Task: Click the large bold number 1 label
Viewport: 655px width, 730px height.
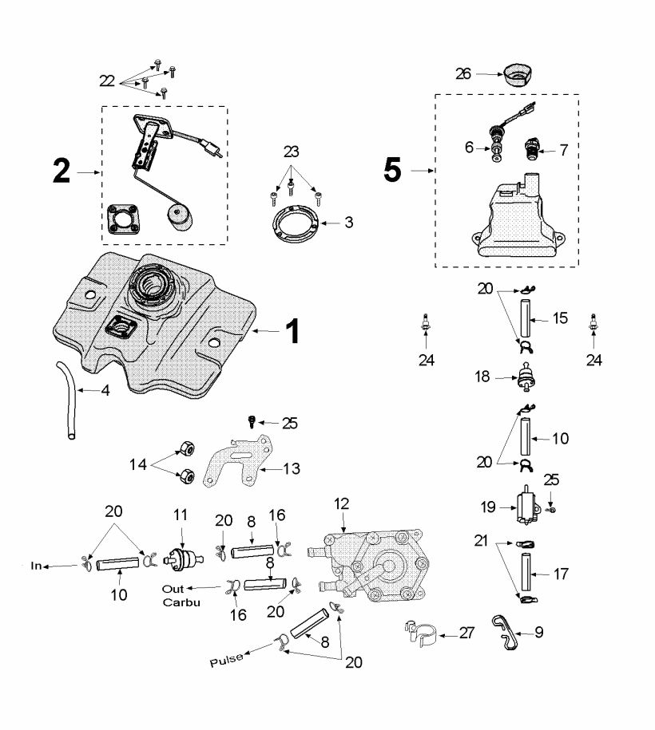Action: (x=293, y=329)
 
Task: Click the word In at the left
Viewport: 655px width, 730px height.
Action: (x=35, y=566)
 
